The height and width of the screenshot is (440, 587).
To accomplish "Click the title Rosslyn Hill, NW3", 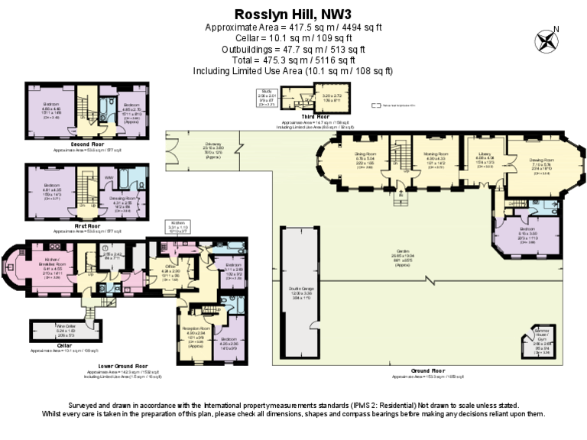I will click(x=293, y=13).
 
